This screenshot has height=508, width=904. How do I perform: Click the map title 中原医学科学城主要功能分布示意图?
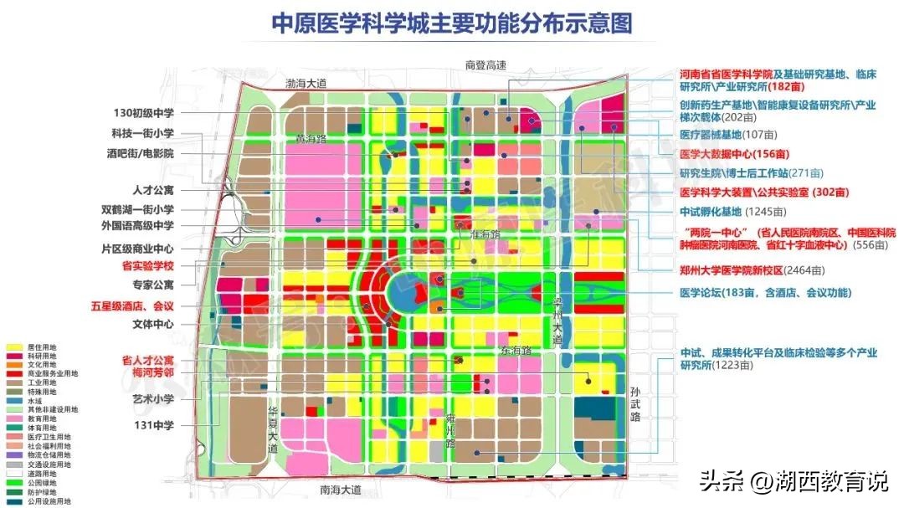[x=452, y=23]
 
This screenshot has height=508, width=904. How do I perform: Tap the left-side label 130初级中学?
[x=143, y=112]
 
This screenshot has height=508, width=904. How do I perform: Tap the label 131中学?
[x=156, y=425]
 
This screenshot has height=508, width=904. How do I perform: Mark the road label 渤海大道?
[x=306, y=83]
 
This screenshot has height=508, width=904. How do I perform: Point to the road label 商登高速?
[x=487, y=64]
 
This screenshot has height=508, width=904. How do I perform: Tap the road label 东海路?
[x=516, y=350]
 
